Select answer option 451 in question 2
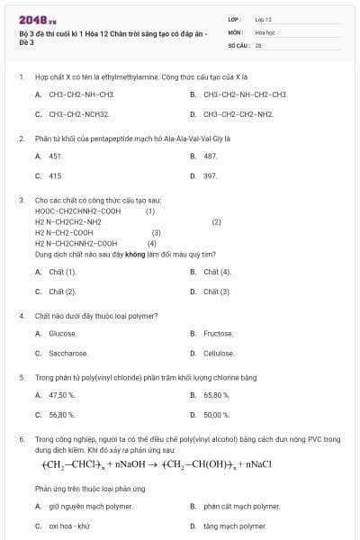pos(55,156)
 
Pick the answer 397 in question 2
pos(210,175)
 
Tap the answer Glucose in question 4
pos(62,333)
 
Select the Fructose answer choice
pos(219,333)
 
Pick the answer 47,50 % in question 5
pos(62,395)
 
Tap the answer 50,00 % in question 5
pos(217,415)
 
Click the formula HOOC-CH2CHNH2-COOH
pos(77,211)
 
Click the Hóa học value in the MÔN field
pos(265,31)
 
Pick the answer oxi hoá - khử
pos(69,526)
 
